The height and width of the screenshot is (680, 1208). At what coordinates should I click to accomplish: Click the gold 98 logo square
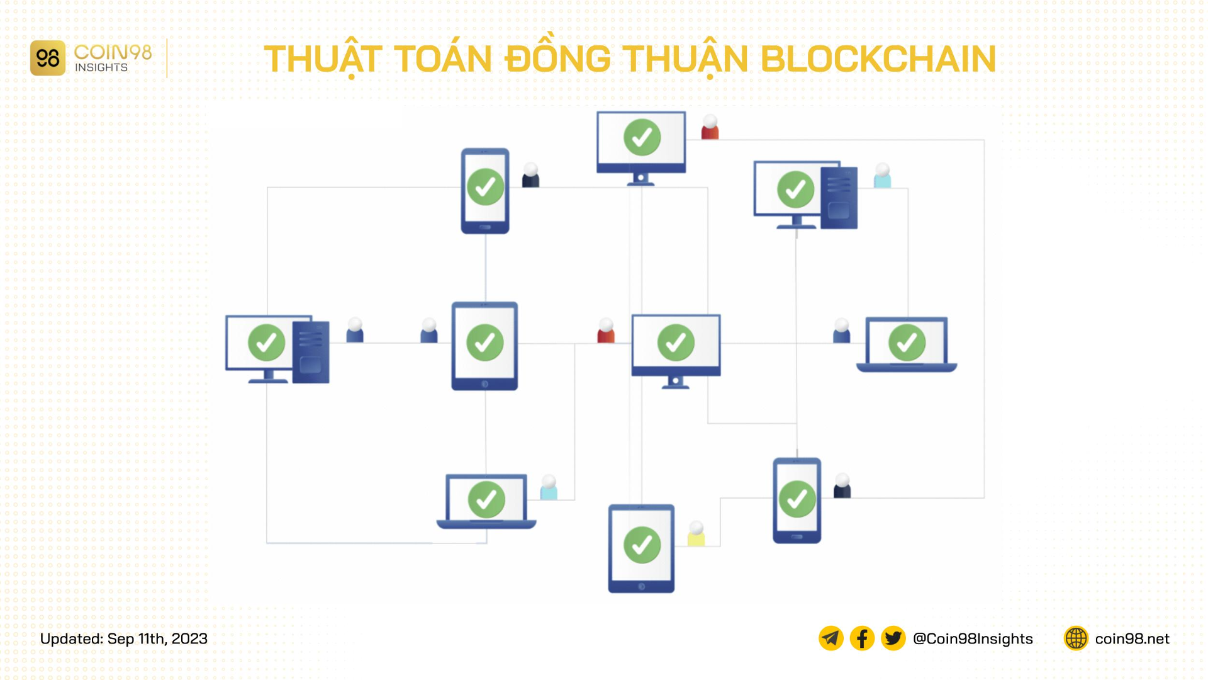[48, 59]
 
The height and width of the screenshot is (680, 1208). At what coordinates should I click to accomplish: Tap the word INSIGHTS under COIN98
[101, 68]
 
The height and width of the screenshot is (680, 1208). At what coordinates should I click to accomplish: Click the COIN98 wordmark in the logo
[113, 52]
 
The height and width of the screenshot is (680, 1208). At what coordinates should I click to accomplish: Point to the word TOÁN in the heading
[444, 59]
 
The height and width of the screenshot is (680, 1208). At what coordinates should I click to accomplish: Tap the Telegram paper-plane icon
[830, 638]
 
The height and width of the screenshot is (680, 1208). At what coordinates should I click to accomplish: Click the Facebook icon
[862, 638]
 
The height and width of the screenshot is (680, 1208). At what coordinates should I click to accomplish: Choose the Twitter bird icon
[893, 638]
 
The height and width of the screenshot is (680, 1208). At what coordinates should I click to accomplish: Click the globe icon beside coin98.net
[1076, 638]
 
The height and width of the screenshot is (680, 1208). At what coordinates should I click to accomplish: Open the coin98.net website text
[1132, 638]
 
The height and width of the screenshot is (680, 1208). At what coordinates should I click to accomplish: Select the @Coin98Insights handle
[973, 638]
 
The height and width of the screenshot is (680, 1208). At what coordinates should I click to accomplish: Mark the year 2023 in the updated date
[189, 638]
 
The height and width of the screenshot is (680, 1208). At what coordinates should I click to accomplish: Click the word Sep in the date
[121, 638]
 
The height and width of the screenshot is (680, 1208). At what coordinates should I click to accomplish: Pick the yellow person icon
[696, 533]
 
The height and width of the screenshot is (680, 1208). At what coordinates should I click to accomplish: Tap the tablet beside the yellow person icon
[641, 548]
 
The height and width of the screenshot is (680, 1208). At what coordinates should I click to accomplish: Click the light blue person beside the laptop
[549, 487]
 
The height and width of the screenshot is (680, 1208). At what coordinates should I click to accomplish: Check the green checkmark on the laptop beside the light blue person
[486, 499]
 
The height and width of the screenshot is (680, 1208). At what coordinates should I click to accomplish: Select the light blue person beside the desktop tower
[882, 176]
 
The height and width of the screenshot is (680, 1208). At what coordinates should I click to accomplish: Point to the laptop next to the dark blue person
[906, 344]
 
